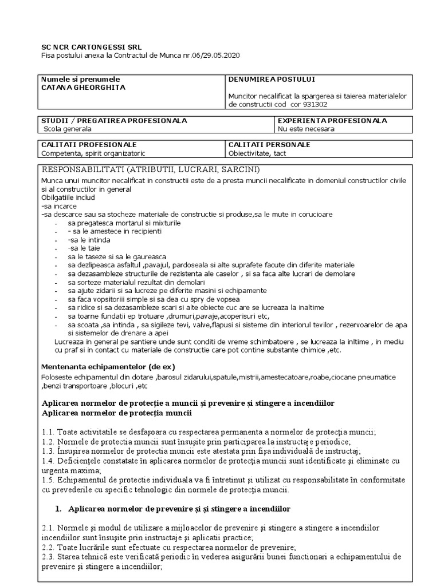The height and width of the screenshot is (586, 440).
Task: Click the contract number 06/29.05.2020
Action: click(214, 56)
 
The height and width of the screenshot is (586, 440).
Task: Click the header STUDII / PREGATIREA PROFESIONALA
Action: click(114, 121)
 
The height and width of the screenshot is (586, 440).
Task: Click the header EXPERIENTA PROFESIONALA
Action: click(332, 121)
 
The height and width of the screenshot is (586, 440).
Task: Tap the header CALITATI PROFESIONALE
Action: click(89, 145)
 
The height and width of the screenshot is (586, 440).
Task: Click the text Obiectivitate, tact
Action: click(257, 153)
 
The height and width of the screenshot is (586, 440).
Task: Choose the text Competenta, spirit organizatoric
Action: click(93, 153)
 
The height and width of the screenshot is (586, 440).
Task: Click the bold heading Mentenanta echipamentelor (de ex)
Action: click(108, 366)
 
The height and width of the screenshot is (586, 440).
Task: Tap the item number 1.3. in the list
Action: click(49, 451)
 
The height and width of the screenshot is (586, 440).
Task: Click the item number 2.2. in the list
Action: click(49, 547)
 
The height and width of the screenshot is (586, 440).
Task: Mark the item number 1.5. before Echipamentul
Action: click(49, 481)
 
